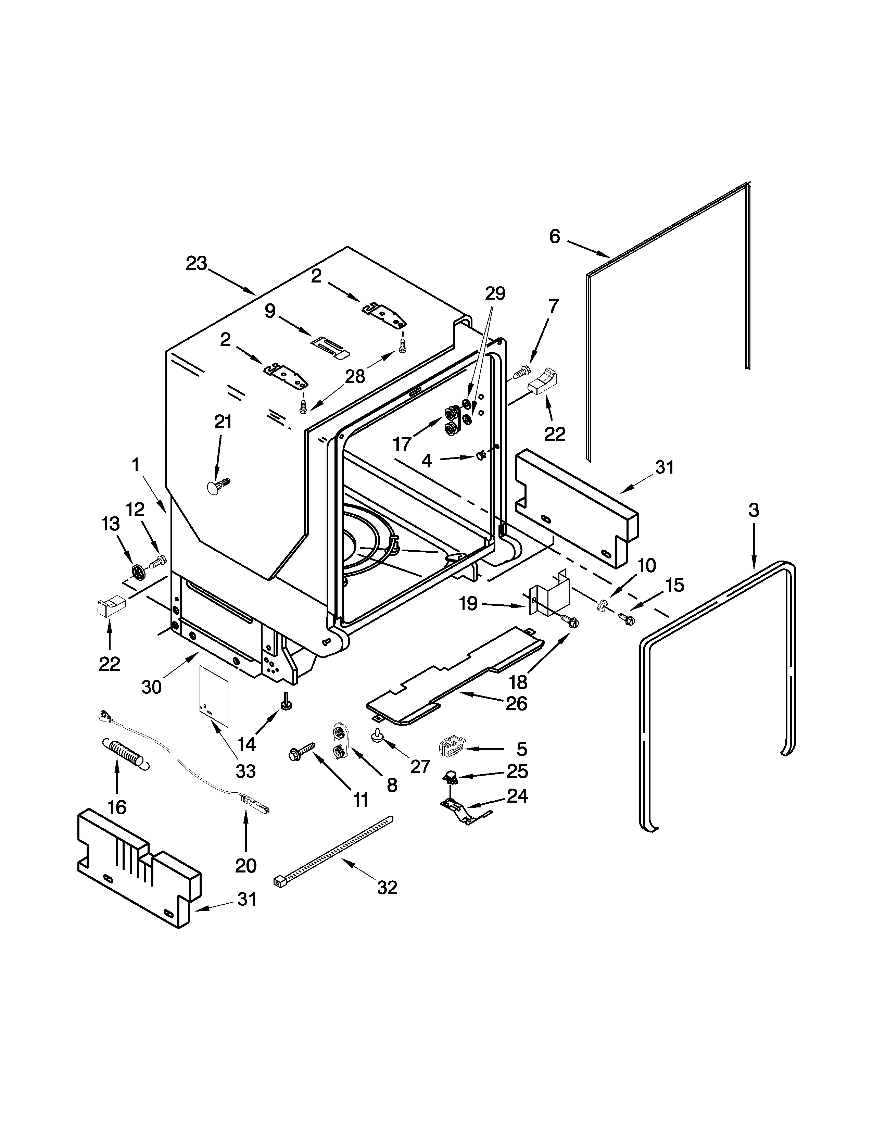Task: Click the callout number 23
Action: pos(197,264)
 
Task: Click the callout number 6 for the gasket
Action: pos(554,237)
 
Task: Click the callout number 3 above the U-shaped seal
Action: pos(754,510)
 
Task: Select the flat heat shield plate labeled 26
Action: pos(455,673)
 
